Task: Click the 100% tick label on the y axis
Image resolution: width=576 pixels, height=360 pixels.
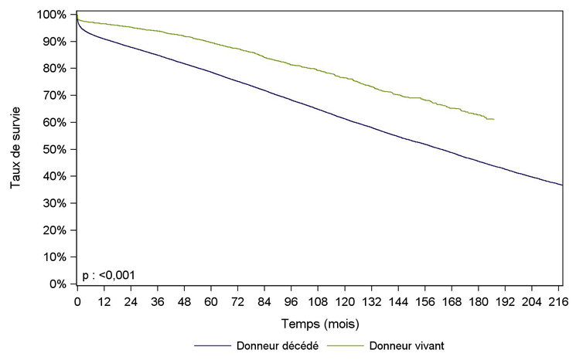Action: coord(55,15)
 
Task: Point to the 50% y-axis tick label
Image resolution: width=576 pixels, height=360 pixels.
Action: coord(57,149)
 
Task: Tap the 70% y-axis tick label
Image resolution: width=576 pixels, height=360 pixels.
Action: coord(57,96)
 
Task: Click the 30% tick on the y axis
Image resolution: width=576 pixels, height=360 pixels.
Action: coord(57,203)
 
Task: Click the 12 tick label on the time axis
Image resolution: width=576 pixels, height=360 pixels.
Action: coord(104,300)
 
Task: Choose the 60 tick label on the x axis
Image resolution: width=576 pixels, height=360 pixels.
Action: coord(210,300)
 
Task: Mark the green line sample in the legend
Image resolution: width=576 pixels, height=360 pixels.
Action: coord(345,345)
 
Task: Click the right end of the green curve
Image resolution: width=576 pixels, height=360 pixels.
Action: coord(493,119)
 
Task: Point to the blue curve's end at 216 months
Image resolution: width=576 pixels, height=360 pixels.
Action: coord(561,185)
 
